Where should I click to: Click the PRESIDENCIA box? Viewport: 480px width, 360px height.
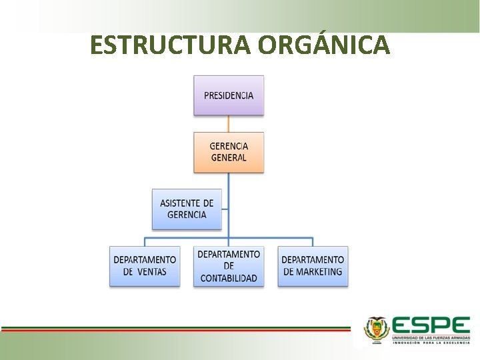229,95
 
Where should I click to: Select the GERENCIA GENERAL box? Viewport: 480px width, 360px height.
229,152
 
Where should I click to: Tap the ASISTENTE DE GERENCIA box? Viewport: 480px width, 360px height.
187,209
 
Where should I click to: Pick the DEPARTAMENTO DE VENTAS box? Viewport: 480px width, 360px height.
145,266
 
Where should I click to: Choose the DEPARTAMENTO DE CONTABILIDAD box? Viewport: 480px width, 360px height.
229,266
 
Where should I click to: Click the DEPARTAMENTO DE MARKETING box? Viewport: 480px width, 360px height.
313,266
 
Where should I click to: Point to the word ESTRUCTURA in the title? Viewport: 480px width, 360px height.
170,45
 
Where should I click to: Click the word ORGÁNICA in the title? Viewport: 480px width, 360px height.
323,45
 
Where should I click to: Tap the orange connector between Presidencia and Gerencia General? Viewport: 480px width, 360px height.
229,123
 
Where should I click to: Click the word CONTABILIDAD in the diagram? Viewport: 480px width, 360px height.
229,278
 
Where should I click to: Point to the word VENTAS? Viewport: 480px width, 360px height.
153,272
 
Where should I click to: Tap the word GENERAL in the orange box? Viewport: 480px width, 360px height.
229,158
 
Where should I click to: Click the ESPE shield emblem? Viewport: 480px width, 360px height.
376,329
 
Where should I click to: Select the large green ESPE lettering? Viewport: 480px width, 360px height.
431,325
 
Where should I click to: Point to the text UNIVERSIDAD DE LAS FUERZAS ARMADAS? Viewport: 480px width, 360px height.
431,338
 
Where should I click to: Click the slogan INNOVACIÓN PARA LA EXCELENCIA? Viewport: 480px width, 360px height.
431,344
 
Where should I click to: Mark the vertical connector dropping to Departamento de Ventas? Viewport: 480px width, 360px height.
145,241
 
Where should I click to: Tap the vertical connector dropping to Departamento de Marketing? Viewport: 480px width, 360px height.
313,241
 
